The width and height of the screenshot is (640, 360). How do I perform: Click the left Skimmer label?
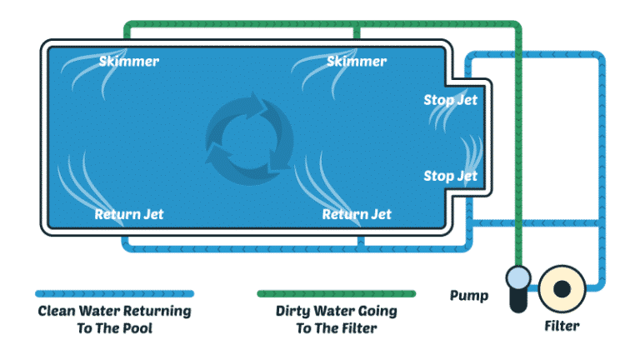[128, 62]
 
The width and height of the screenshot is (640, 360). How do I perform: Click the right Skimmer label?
[357, 62]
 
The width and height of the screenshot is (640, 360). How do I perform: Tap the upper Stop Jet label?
[450, 101]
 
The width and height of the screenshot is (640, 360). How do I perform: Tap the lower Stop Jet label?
[450, 176]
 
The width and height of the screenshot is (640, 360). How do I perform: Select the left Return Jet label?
[129, 214]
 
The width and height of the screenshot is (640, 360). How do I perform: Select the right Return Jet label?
[357, 214]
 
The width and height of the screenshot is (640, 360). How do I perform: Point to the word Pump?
[468, 296]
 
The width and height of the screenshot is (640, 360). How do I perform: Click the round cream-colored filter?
[561, 287]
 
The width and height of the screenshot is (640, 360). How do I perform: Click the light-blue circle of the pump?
[517, 277]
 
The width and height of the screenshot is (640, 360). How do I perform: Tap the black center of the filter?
[562, 287]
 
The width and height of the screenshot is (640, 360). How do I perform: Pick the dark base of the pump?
[517, 301]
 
